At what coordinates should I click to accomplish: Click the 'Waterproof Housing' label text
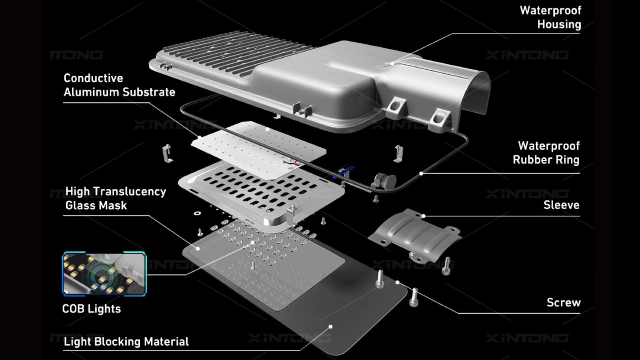[x=550, y=17]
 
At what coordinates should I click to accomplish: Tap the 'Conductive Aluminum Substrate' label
[x=119, y=85]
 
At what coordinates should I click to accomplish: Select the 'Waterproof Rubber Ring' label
[x=546, y=153]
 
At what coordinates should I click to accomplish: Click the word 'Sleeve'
[x=561, y=205]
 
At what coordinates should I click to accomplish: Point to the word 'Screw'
[x=563, y=302]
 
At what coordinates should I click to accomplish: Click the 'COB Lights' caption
[x=91, y=309]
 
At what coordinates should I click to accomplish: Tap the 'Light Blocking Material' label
[x=126, y=342]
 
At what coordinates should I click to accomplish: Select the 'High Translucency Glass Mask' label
[x=115, y=198]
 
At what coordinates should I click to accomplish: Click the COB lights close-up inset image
[x=104, y=274]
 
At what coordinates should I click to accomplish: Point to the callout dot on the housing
[x=392, y=63]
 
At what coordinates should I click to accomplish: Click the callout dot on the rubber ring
[x=421, y=174]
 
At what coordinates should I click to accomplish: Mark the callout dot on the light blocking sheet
[x=330, y=326]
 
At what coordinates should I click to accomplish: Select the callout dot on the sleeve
[x=424, y=216]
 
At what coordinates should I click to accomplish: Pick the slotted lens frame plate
[x=260, y=192]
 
